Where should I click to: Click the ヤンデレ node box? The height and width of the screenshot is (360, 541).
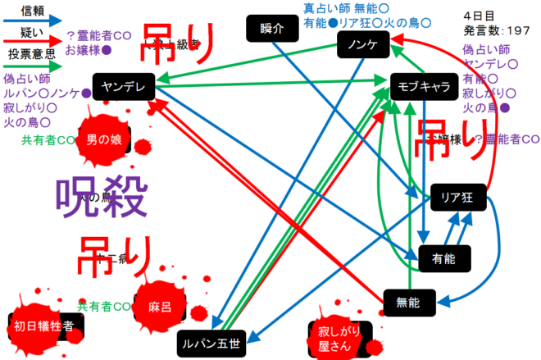coord(123,85)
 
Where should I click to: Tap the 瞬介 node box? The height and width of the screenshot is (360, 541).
coord(271,30)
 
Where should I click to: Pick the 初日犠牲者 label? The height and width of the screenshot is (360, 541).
coord(44,325)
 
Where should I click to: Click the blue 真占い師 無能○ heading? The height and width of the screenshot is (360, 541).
coord(346,8)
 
